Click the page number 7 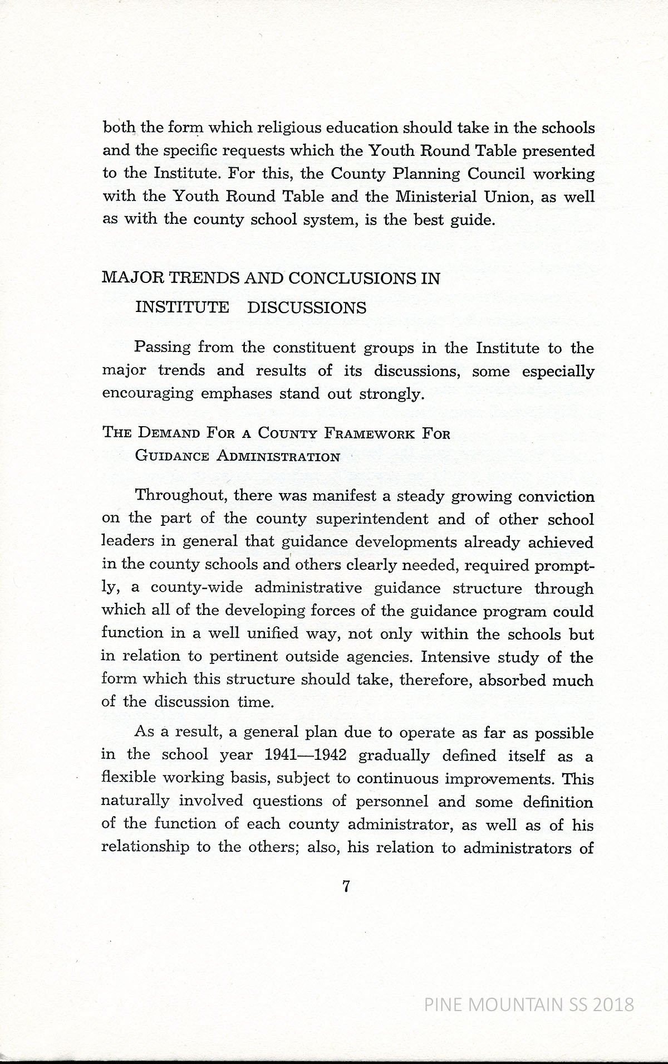pos(346,887)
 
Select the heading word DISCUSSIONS pos(307,308)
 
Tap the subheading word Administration pos(278,457)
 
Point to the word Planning pos(427,174)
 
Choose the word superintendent pos(372,519)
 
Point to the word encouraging pos(148,394)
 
